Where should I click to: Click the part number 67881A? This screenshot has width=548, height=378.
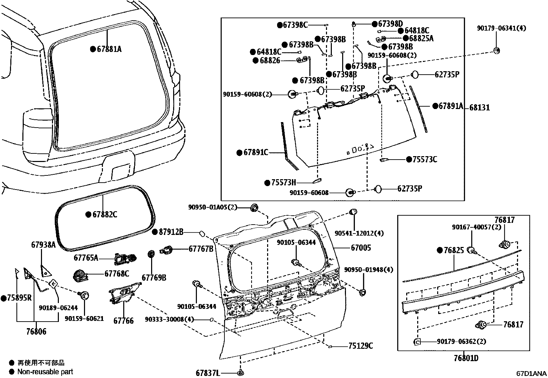109,49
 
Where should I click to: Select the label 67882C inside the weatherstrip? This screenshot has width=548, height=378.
105,215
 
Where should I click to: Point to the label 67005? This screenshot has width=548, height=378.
361,248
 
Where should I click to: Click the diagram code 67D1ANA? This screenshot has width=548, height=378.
531,374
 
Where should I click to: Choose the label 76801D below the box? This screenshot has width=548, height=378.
466,358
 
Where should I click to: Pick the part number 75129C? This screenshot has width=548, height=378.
360,346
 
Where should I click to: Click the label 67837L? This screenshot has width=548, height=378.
208,373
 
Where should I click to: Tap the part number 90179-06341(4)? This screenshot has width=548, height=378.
502,29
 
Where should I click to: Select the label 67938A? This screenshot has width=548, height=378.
43,245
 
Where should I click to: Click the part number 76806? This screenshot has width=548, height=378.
36,332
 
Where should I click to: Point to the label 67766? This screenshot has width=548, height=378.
124,321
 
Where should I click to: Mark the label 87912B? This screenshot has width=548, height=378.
171,232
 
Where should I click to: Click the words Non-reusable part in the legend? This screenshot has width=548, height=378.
45,371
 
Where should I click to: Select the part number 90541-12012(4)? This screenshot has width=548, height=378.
359,233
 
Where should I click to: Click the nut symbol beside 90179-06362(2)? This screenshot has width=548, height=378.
417,342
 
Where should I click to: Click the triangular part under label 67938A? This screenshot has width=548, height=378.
45,271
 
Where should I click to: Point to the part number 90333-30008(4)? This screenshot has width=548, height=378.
169,320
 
